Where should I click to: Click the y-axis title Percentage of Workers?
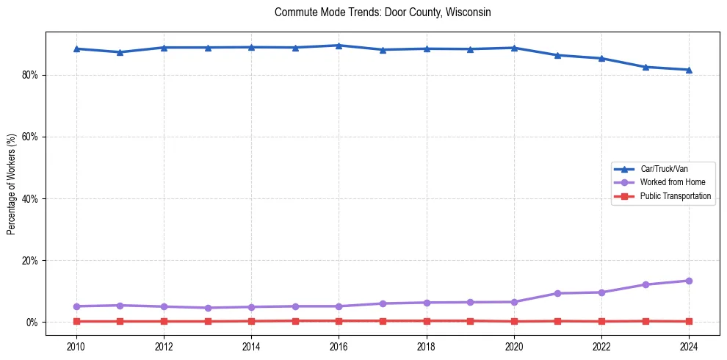click(11, 184)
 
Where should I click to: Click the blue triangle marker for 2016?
click(339, 46)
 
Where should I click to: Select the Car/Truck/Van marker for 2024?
click(689, 70)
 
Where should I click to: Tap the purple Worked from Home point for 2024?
click(689, 281)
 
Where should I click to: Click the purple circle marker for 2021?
click(557, 293)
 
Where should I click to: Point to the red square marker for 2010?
click(76, 321)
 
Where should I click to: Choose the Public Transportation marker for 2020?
click(514, 321)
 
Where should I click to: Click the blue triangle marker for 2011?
click(120, 52)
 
